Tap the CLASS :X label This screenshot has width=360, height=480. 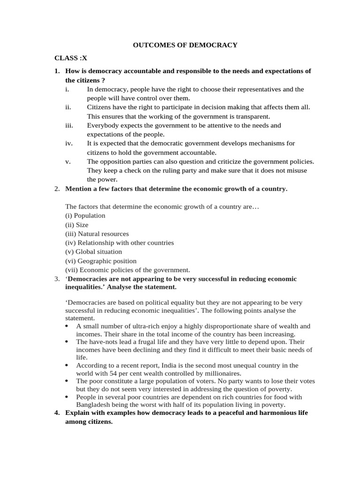70,58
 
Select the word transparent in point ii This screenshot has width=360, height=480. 253,116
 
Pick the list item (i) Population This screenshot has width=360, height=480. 85,216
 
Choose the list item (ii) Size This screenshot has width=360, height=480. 76,225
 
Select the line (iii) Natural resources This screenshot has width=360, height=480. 97,234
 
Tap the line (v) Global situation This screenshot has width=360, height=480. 93,252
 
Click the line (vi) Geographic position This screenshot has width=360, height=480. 100,261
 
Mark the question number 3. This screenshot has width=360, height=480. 56,279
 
